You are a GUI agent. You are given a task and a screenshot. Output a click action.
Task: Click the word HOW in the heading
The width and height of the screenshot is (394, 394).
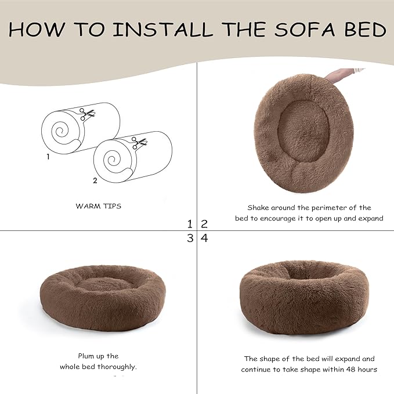coord(32,30)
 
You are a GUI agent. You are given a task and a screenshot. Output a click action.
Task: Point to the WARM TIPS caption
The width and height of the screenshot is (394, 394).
coord(98,206)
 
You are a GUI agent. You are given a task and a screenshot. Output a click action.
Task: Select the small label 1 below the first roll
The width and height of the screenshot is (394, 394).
coord(48,157)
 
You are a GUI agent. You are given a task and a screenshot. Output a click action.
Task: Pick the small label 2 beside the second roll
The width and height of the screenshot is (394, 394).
coord(95,180)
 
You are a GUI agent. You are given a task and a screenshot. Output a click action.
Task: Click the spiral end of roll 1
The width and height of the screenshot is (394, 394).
coord(60,132)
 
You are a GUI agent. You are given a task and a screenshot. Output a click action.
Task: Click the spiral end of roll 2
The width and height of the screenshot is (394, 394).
coord(112,160)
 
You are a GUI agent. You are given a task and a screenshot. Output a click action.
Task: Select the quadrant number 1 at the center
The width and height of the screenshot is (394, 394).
coord(190,223)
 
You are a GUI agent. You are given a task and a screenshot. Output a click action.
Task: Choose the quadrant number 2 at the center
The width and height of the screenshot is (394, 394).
coord(204,223)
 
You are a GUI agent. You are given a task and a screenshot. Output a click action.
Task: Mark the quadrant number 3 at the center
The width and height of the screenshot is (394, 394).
coord(190,238)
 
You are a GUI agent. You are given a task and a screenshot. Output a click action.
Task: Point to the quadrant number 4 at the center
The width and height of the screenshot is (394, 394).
coord(204,238)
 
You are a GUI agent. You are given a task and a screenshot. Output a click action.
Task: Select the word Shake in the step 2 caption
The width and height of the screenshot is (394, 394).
coord(259,207)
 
